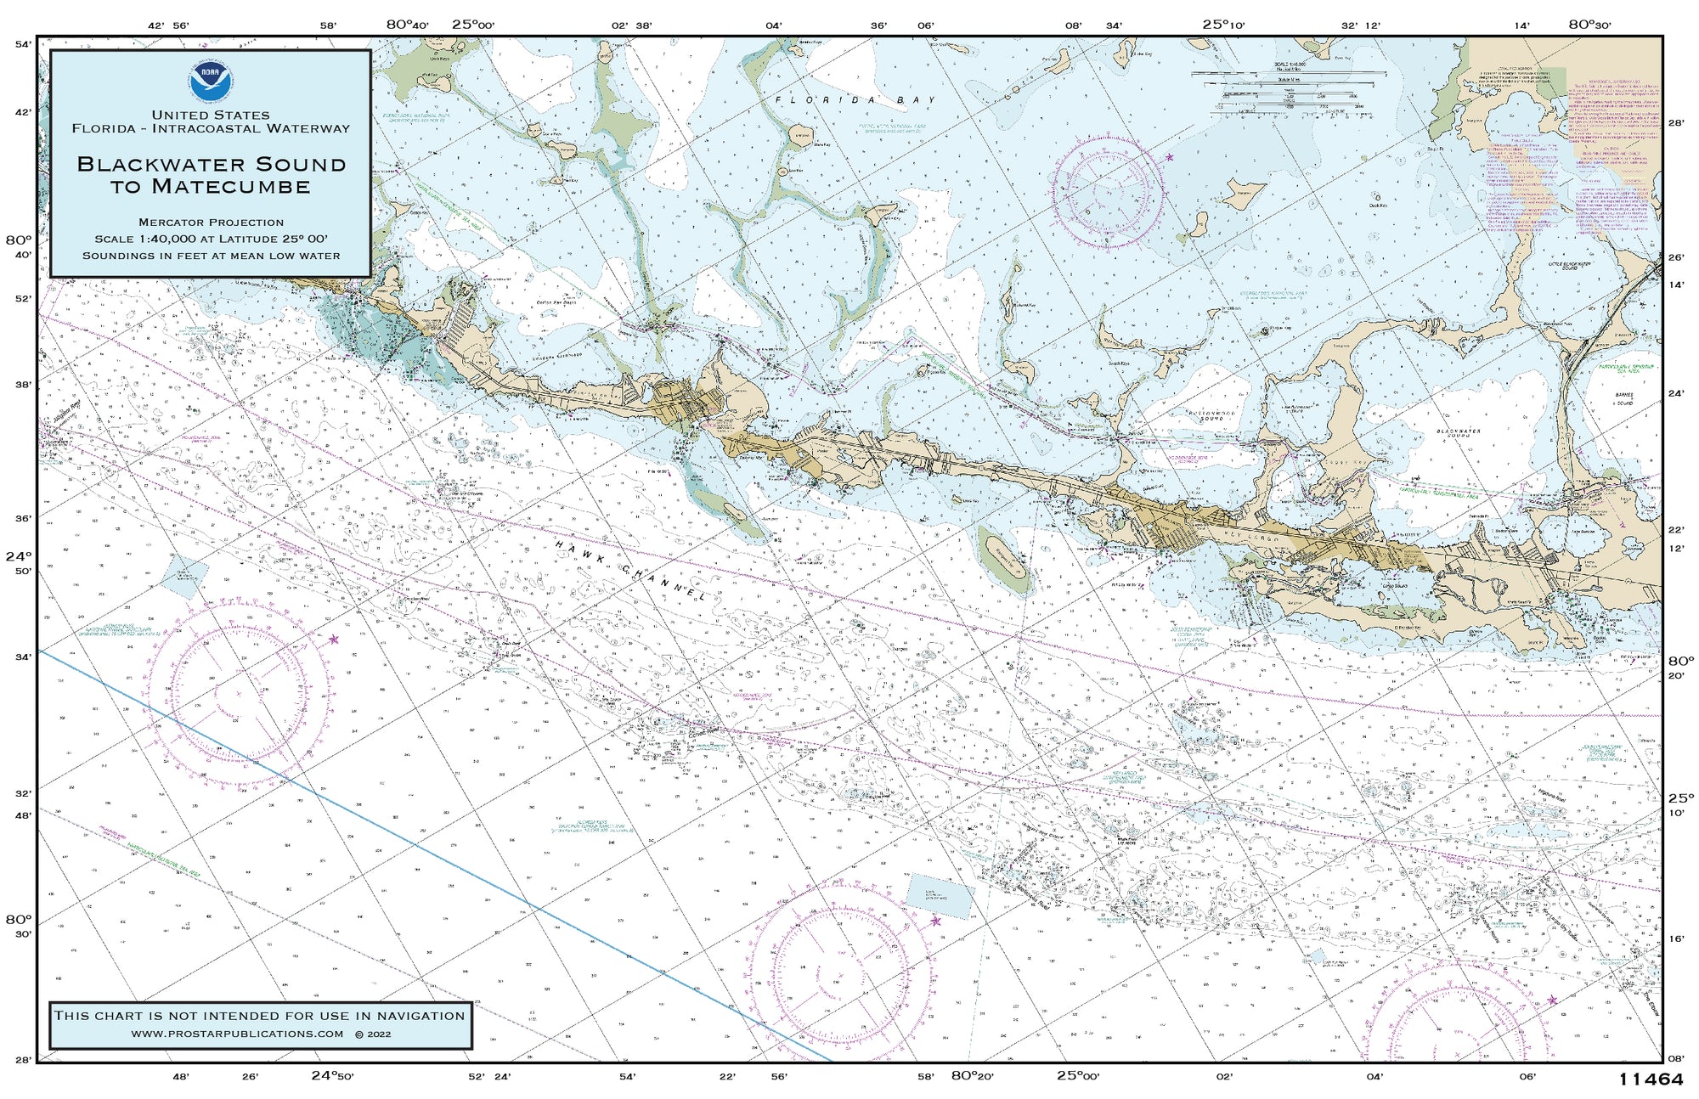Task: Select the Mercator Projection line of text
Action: point(211,223)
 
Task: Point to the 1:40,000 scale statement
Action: point(211,239)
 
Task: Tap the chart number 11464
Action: point(1650,1079)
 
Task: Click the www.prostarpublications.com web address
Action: point(237,1034)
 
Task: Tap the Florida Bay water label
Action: point(854,100)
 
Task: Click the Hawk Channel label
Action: point(630,571)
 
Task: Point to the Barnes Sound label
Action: point(1624,399)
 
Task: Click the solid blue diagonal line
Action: point(425,849)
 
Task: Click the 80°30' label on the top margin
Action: point(1589,25)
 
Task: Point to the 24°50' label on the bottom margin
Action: point(332,1075)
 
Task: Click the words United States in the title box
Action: point(211,115)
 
